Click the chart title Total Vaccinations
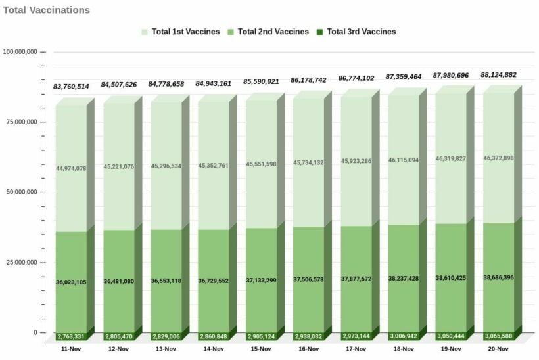47,11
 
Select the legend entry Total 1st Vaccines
180,32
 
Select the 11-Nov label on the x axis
71,349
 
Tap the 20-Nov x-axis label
498,349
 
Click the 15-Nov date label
261,349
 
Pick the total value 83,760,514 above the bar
71,87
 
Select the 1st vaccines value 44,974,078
71,168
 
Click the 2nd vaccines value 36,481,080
118,281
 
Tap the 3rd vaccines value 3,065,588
498,336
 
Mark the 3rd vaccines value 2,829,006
166,336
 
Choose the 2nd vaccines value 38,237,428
403,278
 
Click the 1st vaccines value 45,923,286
356,161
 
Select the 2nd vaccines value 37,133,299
261,280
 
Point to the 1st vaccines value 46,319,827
450,158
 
